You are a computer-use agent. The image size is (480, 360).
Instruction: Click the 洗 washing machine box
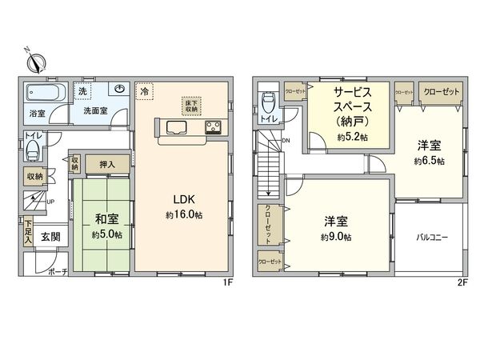(x=83, y=91)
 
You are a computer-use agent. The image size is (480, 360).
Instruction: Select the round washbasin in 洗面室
(x=118, y=90)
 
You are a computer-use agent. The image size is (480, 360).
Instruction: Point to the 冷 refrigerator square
(x=144, y=92)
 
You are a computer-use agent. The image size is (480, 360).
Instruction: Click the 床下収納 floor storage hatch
(x=191, y=106)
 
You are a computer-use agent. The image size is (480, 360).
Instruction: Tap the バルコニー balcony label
(x=431, y=238)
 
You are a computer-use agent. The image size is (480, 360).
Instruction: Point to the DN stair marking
(x=286, y=142)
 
